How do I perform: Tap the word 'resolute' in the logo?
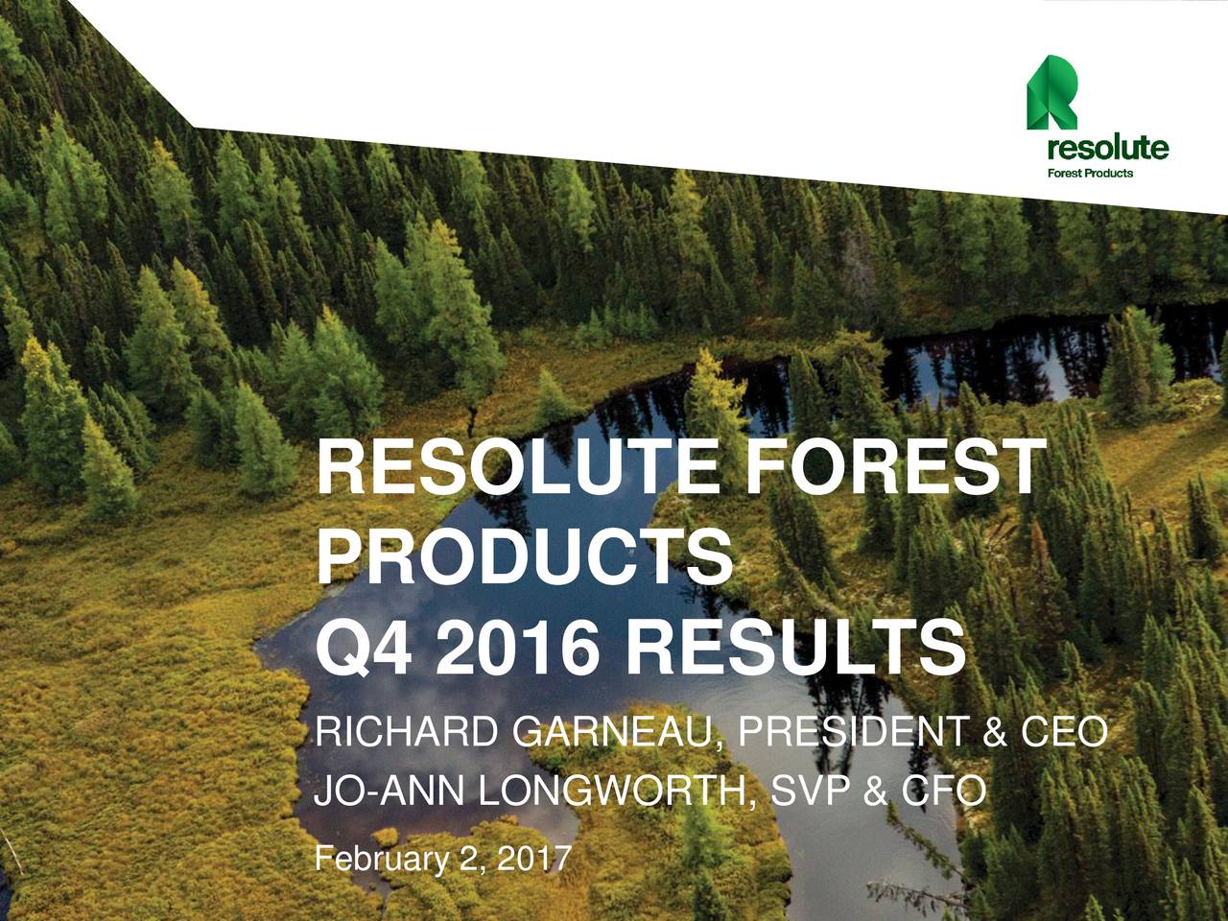[x=1107, y=149]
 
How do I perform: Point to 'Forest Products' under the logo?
[x=1089, y=174]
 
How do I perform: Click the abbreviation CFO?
[x=941, y=792]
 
